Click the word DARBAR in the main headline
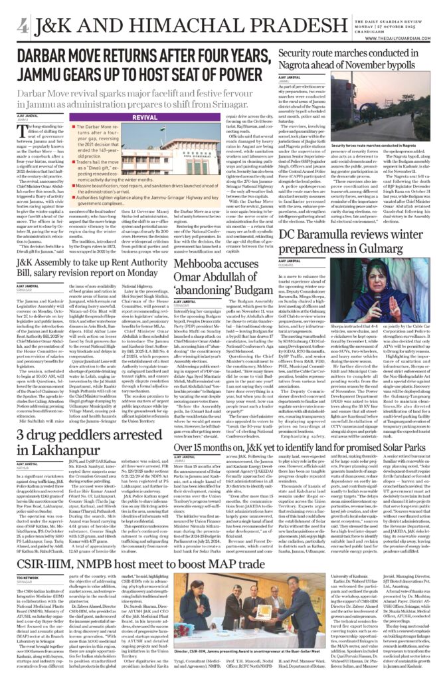(46, 57)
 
